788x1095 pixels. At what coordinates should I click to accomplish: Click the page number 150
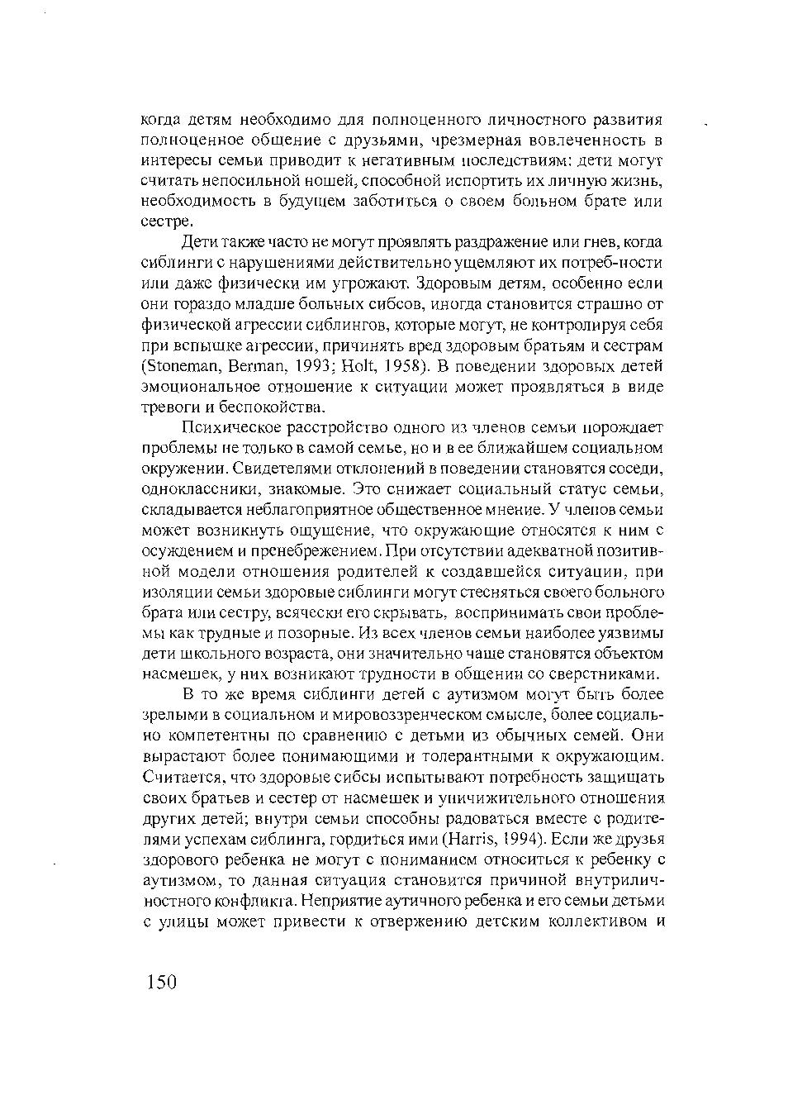click(161, 981)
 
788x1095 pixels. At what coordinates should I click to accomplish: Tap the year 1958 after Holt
click(404, 366)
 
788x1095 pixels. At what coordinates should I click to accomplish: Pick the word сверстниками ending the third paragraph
click(605, 674)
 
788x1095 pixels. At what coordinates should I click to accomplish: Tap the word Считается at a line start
click(176, 777)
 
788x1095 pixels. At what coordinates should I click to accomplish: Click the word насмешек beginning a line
click(170, 674)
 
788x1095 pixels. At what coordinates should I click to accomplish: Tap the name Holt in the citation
click(354, 366)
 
